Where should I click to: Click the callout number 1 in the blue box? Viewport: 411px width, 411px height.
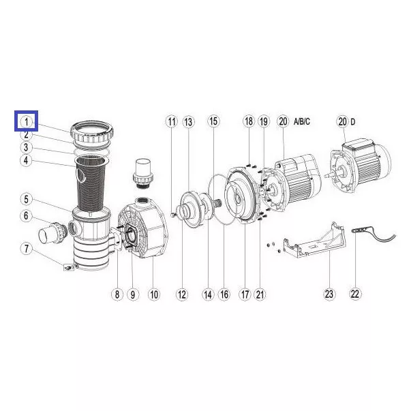26,122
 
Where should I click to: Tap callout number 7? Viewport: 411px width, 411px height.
26,249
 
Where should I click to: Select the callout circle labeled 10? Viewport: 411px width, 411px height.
154,294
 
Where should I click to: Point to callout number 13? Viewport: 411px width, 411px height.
188,122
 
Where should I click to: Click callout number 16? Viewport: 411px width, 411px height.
224,294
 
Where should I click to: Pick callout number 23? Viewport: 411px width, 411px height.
329,294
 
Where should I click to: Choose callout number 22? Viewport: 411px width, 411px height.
354,294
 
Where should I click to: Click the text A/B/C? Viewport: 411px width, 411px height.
302,121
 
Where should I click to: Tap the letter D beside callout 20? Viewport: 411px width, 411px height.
353,122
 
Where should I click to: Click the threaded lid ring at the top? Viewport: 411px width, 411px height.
92,132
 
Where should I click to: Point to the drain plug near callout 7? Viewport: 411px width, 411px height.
69,267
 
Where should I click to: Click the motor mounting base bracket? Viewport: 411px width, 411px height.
314,240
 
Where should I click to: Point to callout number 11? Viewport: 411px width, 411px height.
172,122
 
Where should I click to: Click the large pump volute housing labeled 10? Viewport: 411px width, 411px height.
143,228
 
